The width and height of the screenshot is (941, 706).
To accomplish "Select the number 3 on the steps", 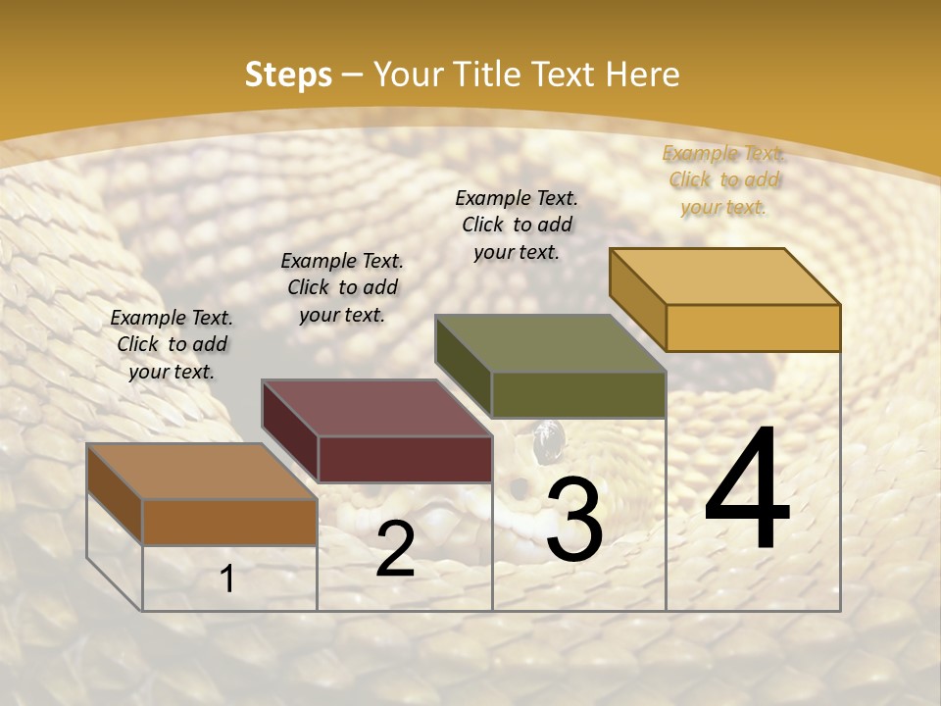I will [x=573, y=519].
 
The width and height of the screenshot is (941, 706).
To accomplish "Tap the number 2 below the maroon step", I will [x=395, y=549].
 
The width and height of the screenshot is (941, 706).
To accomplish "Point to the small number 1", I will [x=227, y=580].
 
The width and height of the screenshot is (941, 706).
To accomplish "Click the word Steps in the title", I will [x=287, y=75].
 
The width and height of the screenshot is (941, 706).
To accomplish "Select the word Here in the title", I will [x=642, y=75].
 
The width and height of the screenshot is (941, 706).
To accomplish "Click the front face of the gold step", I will [x=753, y=328].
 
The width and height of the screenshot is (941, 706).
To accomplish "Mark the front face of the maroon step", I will [x=405, y=459].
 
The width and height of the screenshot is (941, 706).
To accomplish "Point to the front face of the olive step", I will [x=578, y=394].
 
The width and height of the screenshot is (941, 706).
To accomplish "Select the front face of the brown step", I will [x=229, y=522].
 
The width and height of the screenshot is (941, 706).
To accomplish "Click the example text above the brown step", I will [x=172, y=344].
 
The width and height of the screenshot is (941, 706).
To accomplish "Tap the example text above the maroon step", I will [x=342, y=287].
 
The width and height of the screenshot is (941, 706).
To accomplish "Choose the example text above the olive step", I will [x=517, y=225].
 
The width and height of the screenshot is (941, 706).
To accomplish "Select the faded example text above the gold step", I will [x=723, y=179].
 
